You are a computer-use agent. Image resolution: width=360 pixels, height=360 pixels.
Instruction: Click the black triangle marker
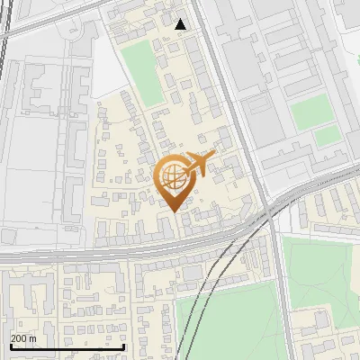pyautogui.click(x=181, y=24)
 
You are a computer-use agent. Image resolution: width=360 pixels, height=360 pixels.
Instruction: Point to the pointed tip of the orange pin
pyautogui.click(x=173, y=211)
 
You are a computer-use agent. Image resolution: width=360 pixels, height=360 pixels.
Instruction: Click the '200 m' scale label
pyautogui.click(x=23, y=338)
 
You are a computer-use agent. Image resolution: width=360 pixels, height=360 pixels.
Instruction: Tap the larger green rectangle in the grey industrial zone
pyautogui.click(x=310, y=110)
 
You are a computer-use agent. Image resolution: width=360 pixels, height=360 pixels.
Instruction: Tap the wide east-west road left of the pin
pyautogui.click(x=72, y=255)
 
